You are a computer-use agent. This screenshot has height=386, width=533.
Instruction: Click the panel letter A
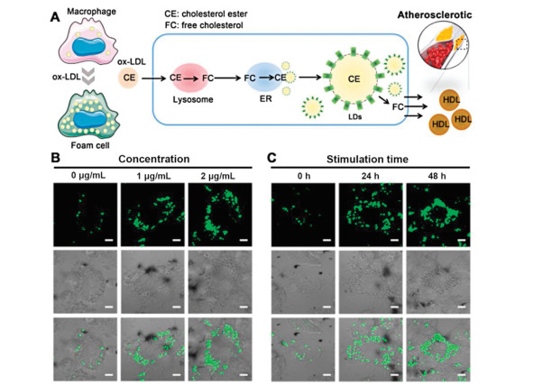[x=55, y=16]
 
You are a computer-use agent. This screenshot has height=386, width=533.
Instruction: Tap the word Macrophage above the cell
[x=91, y=12]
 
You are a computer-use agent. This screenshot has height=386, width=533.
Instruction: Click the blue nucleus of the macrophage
[x=89, y=46]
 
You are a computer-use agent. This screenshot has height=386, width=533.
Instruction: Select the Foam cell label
[x=90, y=145]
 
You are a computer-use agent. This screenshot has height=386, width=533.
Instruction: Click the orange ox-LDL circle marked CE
[x=129, y=78]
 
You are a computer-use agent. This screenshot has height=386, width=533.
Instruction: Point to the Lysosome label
[x=193, y=99]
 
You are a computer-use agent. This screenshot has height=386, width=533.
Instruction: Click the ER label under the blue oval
[x=265, y=99]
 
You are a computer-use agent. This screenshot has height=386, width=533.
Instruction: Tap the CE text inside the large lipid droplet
[x=354, y=79]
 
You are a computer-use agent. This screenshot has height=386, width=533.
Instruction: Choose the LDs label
[x=354, y=117]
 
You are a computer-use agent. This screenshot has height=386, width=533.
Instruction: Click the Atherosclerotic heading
[x=435, y=15]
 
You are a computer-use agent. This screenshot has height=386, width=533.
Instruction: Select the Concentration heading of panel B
[x=153, y=159]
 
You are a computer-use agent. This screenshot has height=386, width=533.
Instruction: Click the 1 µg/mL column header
[x=153, y=176]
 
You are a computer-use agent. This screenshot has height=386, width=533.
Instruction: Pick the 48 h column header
[x=437, y=176]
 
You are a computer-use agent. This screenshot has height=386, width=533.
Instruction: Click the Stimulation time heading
[x=367, y=159]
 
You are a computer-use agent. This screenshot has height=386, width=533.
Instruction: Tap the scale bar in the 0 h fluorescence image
[x=326, y=240]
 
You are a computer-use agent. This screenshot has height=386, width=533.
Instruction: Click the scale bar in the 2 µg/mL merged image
[x=244, y=375]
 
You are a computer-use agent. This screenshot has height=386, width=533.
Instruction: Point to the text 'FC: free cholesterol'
[x=204, y=25]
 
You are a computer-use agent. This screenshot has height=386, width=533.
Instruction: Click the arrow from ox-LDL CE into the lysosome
[x=154, y=78]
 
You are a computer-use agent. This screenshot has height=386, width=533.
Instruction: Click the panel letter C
[x=272, y=158]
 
